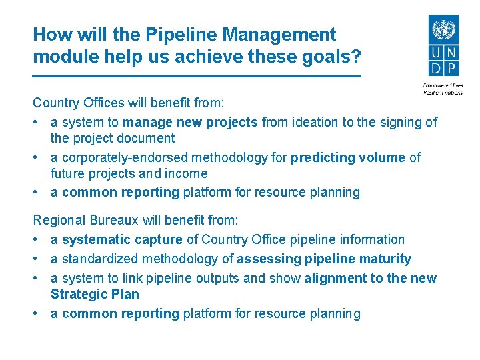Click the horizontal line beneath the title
tap(197, 77)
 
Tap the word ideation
tap(314, 122)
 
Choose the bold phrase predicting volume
tap(347, 157)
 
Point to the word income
tap(189, 173)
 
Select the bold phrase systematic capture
tap(122, 239)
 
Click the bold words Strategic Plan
tap(95, 294)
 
